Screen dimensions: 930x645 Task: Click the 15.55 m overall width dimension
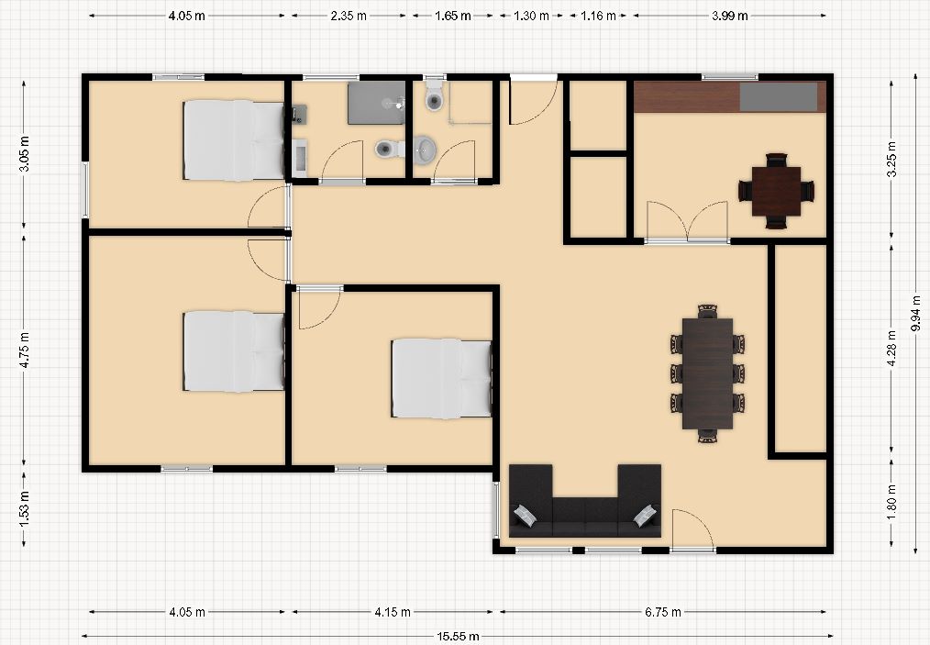click(458, 637)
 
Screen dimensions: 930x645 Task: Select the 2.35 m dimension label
click(349, 16)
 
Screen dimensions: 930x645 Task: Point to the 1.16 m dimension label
click(598, 16)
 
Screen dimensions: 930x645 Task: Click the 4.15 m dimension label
click(392, 612)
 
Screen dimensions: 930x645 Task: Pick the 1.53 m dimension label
click(25, 508)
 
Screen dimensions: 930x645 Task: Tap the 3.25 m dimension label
click(891, 160)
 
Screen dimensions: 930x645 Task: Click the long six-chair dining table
click(707, 373)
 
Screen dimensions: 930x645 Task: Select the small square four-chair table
click(777, 191)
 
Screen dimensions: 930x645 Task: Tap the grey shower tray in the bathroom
click(376, 103)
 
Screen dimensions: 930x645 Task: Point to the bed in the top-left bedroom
click(234, 140)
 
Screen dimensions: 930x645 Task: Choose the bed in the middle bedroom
click(441, 379)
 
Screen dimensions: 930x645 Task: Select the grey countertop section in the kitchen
click(778, 96)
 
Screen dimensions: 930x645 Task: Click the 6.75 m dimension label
click(662, 612)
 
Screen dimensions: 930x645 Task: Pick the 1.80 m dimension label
click(891, 502)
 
